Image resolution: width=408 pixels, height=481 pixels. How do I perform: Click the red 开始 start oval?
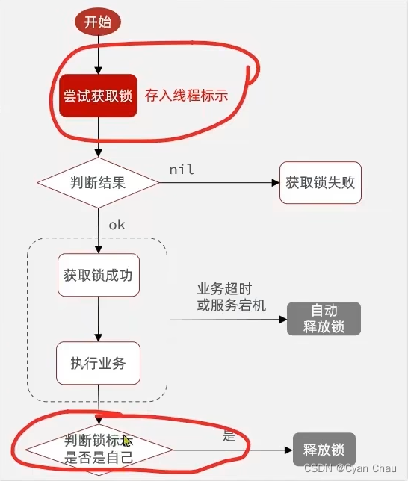pyautogui.click(x=97, y=22)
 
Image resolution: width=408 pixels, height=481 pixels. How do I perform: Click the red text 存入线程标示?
pyautogui.click(x=186, y=96)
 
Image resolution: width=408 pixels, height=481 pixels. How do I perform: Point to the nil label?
pyautogui.click(x=182, y=170)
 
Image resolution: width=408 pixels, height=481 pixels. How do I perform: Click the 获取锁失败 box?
pyautogui.click(x=320, y=181)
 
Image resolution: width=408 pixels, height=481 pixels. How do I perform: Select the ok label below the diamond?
pyautogui.click(x=117, y=224)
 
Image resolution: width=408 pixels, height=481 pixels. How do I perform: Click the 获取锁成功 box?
pyautogui.click(x=98, y=275)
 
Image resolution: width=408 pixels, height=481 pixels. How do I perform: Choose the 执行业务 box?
pyautogui.click(x=98, y=364)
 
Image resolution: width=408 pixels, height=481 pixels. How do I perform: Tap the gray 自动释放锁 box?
pyautogui.click(x=324, y=319)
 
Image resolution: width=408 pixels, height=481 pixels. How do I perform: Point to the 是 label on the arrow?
pyautogui.click(x=229, y=436)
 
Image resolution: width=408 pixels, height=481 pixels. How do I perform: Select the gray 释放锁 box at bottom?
pyautogui.click(x=324, y=450)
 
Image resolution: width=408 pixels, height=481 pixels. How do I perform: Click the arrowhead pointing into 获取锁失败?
pyautogui.click(x=275, y=181)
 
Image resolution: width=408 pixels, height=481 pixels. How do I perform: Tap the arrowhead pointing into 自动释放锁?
pyautogui.click(x=283, y=319)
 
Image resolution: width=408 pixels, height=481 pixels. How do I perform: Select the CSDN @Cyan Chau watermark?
pyautogui.click(x=354, y=467)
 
